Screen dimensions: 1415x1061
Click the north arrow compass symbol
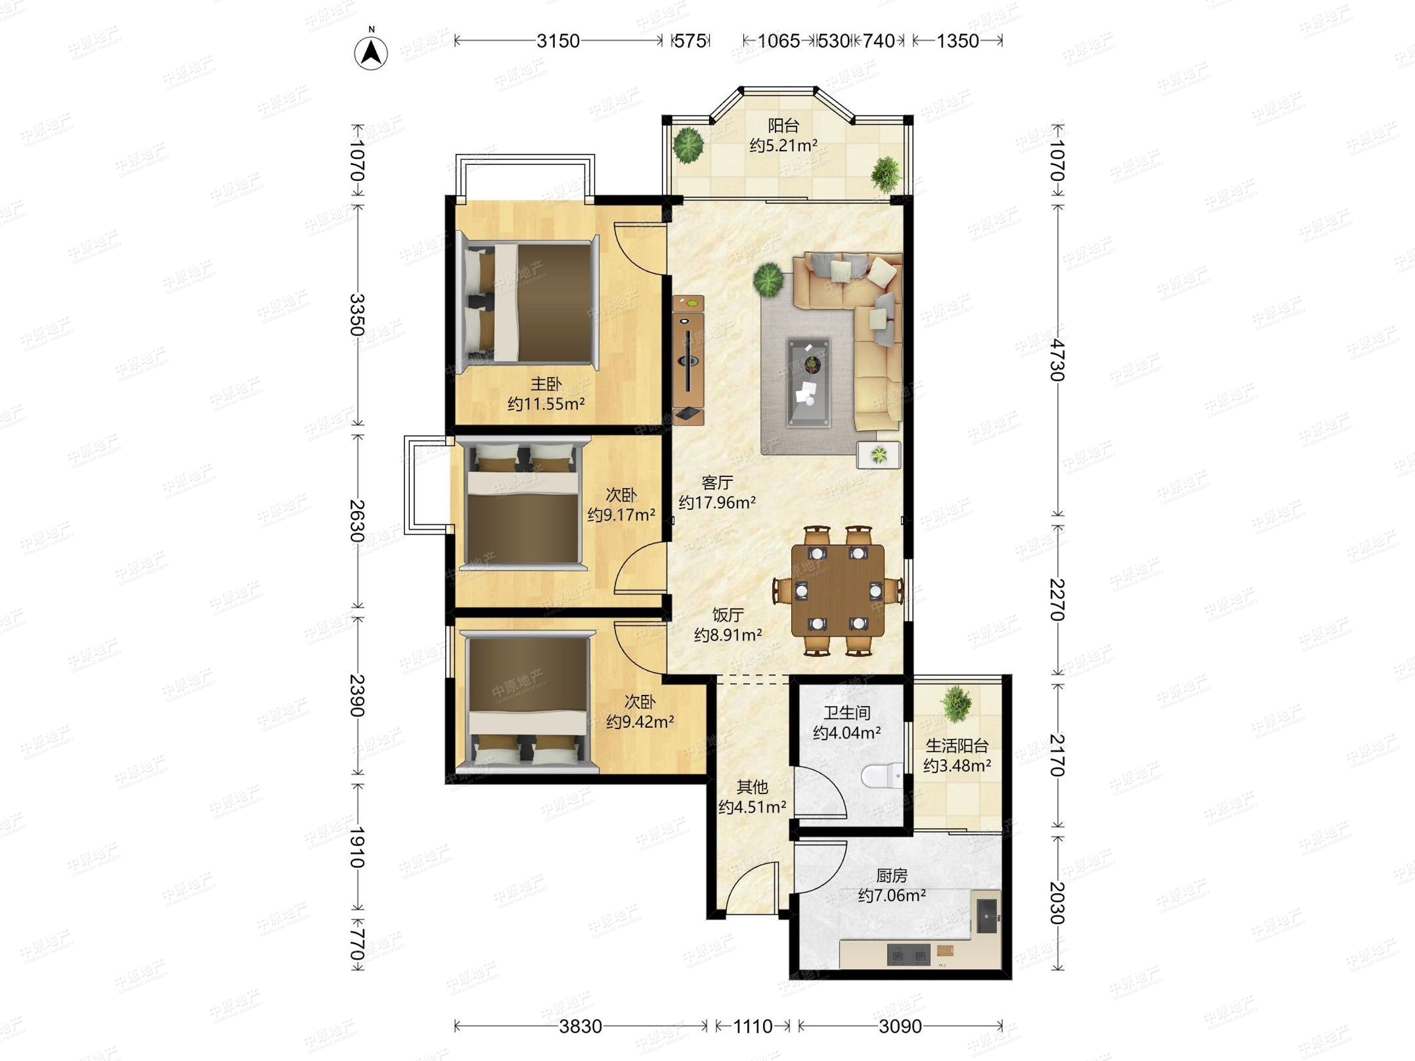pyautogui.click(x=371, y=52)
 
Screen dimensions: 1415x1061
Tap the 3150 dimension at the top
pyautogui.click(x=558, y=41)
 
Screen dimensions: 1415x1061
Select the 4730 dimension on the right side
pyautogui.click(x=1057, y=360)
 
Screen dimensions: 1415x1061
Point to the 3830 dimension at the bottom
pyautogui.click(x=580, y=1026)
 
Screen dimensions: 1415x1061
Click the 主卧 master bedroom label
pyautogui.click(x=545, y=384)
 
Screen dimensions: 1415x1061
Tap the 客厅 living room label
pyautogui.click(x=716, y=482)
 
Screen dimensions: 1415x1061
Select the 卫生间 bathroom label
pyautogui.click(x=846, y=713)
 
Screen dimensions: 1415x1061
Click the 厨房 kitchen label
pyautogui.click(x=891, y=875)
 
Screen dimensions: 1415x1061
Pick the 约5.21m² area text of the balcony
pyautogui.click(x=783, y=146)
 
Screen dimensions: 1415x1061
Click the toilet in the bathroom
pyautogui.click(x=881, y=776)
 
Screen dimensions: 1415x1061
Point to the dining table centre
pyautogui.click(x=838, y=589)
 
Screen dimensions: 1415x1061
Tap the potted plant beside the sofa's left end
pyautogui.click(x=767, y=279)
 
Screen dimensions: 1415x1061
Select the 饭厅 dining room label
pyautogui.click(x=728, y=615)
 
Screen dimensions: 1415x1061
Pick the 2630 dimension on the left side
pyautogui.click(x=358, y=520)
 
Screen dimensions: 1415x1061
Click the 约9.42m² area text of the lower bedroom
pyautogui.click(x=640, y=722)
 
